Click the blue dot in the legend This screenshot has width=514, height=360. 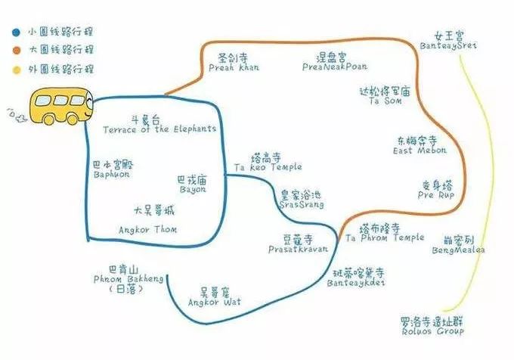click(17, 33)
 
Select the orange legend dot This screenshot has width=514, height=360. click(17, 50)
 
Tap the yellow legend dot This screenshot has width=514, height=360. click(17, 69)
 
